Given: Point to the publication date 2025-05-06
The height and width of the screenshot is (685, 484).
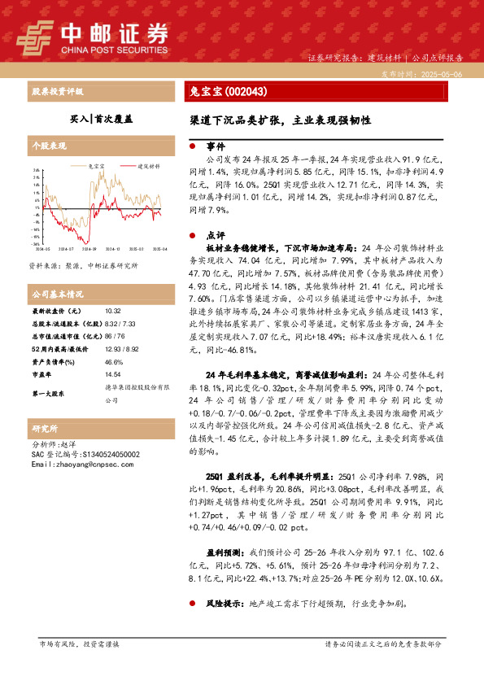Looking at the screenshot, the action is click(439, 73).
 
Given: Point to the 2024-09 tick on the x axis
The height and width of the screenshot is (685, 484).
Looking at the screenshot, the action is click(88, 249).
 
